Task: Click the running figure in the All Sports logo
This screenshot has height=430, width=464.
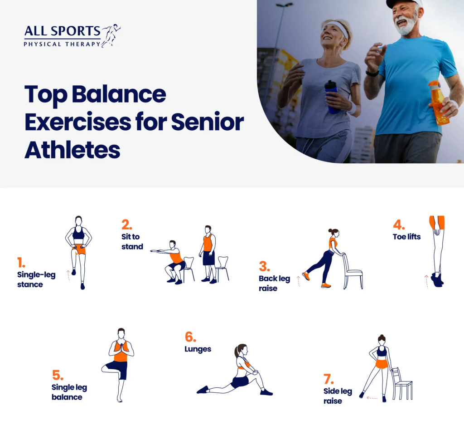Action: [x=111, y=35]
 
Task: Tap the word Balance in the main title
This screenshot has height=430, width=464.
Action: [x=119, y=94]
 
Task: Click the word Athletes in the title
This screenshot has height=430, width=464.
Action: [x=72, y=150]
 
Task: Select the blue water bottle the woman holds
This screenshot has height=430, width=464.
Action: [x=332, y=97]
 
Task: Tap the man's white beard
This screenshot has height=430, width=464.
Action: [x=407, y=23]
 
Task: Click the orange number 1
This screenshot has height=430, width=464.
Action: [x=21, y=263]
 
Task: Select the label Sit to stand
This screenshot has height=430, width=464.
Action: [x=132, y=242]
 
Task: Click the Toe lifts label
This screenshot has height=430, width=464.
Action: [x=406, y=237]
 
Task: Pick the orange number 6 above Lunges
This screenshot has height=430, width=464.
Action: [x=190, y=337]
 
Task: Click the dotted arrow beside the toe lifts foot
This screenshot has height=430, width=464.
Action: [x=426, y=282]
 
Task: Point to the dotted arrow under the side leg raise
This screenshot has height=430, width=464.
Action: [x=372, y=398]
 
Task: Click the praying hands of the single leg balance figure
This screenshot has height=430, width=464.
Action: [x=121, y=347]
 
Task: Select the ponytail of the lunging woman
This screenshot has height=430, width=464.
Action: [x=237, y=351]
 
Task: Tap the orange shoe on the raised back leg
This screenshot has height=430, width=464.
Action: [x=306, y=276]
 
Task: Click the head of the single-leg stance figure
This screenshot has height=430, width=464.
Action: [x=78, y=220]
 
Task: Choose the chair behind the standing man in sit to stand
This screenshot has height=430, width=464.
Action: [x=222, y=269]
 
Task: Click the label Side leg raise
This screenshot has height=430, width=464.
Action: [x=338, y=396]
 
